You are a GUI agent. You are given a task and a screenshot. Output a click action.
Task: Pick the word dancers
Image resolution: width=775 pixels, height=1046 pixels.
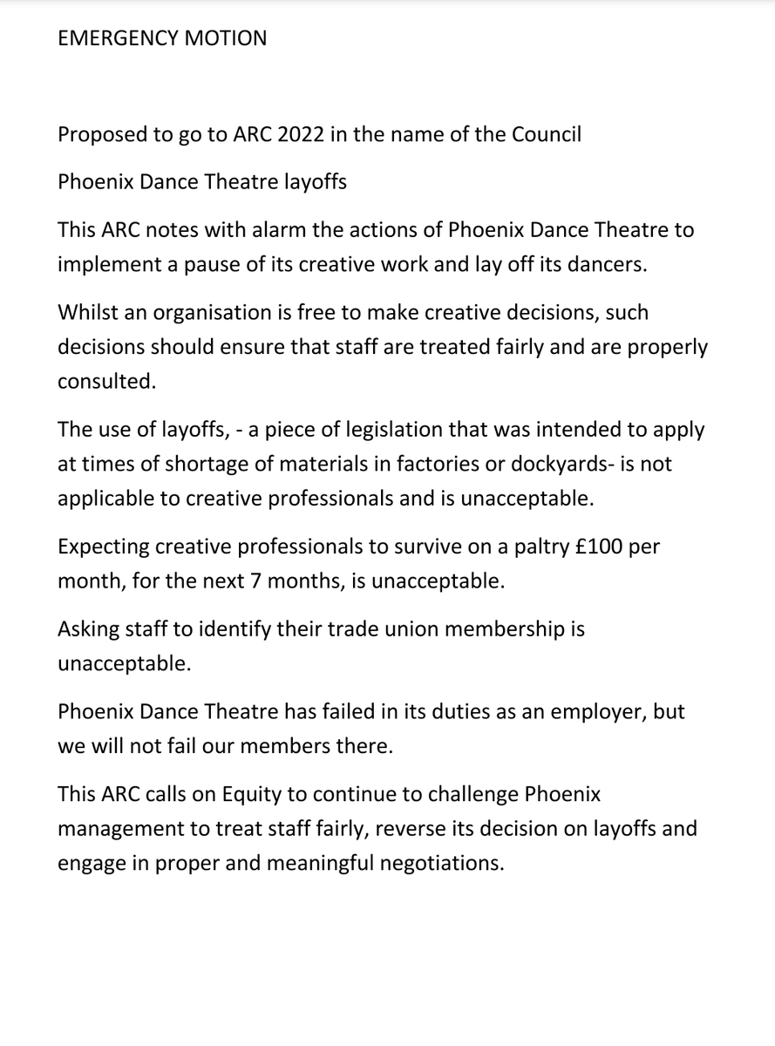pyautogui.click(x=608, y=264)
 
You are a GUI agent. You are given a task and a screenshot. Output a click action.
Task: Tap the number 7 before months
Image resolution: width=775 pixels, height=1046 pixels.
pyautogui.click(x=256, y=581)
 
